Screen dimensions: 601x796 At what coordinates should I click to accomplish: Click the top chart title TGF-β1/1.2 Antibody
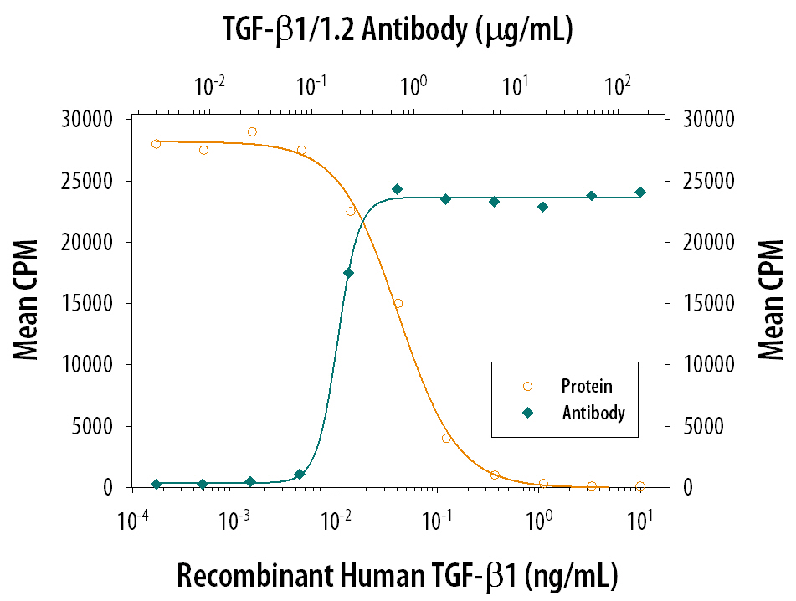coord(397,30)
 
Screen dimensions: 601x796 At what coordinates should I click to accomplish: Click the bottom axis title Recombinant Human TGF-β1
coord(397,575)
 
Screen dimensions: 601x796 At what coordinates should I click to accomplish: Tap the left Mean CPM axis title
coord(27,302)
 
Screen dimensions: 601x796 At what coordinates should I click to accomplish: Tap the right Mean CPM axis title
coord(770,302)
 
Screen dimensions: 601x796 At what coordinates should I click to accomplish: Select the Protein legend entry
coord(586,386)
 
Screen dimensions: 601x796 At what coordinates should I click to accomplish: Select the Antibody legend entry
coord(593,413)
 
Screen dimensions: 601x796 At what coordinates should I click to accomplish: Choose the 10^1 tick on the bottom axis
coord(640,521)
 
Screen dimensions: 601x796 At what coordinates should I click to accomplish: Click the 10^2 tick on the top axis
coord(617,85)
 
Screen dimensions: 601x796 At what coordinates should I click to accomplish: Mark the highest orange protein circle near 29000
coord(252,131)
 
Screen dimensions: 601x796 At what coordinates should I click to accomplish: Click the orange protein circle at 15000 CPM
coord(398,303)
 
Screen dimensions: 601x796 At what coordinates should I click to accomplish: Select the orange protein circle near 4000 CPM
coord(446,438)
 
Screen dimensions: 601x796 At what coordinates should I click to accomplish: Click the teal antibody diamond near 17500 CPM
coord(349,273)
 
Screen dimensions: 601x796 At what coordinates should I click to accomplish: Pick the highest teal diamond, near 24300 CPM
coord(398,189)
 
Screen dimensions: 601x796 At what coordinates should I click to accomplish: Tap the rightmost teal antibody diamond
coord(640,192)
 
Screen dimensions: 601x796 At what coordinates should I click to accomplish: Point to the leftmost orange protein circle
coord(156,144)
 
